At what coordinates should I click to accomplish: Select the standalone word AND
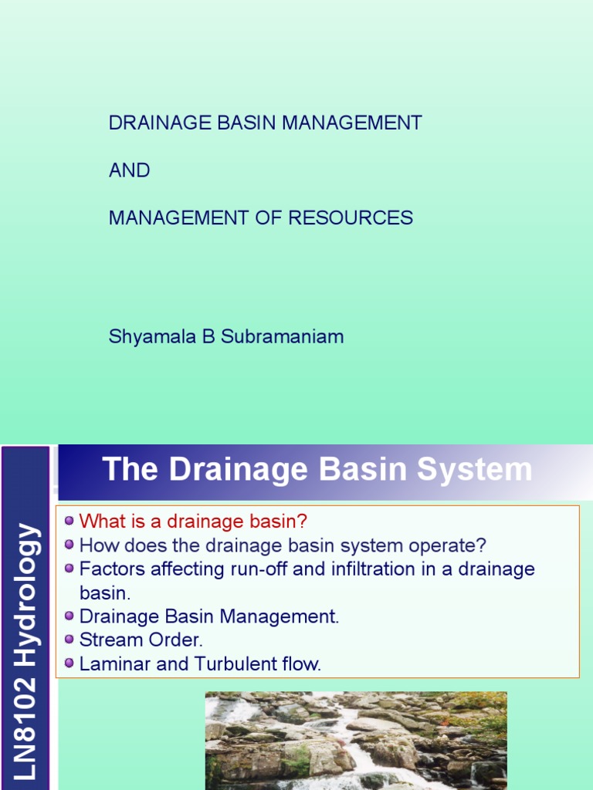(x=129, y=171)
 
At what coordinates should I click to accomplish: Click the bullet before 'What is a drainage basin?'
(x=69, y=522)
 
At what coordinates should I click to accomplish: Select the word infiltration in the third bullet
(x=357, y=569)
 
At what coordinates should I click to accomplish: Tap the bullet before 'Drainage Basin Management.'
(x=69, y=616)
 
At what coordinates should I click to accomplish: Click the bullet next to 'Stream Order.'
(x=69, y=640)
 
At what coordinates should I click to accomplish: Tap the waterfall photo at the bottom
(x=356, y=741)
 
